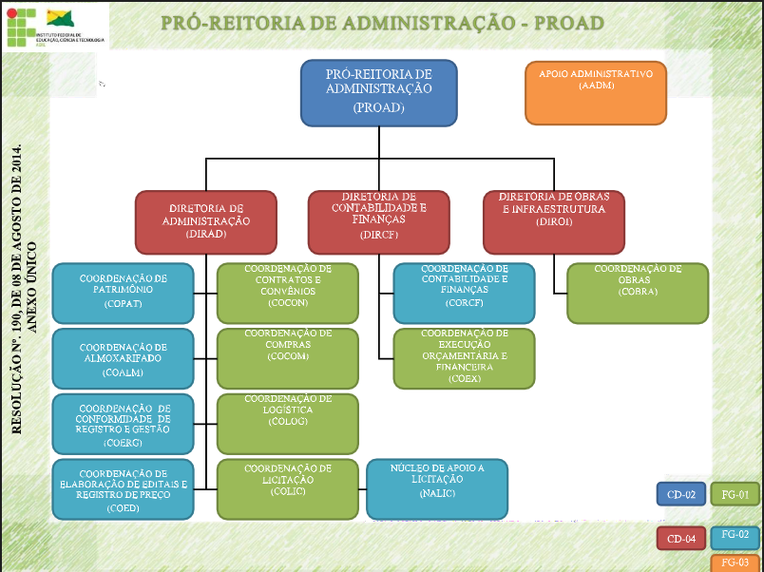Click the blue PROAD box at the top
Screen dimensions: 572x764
click(379, 93)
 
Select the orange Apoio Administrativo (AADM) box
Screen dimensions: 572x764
click(596, 93)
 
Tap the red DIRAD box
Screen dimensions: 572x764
click(206, 221)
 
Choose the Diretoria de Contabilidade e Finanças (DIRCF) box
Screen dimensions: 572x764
click(379, 221)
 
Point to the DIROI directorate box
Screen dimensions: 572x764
click(553, 221)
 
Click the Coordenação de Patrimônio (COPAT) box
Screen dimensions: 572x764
click(124, 293)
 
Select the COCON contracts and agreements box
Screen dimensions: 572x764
click(288, 293)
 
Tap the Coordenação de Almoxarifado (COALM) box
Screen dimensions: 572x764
click(124, 358)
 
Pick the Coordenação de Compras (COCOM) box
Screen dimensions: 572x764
click(288, 358)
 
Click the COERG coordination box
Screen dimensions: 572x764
click(124, 423)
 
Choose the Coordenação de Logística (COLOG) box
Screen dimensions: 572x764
click(288, 423)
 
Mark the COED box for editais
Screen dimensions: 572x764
click(124, 488)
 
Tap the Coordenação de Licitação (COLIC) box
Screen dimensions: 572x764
click(288, 488)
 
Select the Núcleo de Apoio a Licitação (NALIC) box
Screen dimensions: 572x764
click(437, 488)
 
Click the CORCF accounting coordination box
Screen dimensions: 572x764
click(464, 293)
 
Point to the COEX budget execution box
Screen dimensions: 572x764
click(464, 358)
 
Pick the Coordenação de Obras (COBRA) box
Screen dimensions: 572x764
click(638, 293)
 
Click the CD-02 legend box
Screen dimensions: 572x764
click(681, 494)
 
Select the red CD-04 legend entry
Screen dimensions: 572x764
click(681, 539)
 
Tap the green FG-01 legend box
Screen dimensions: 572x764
click(735, 494)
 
